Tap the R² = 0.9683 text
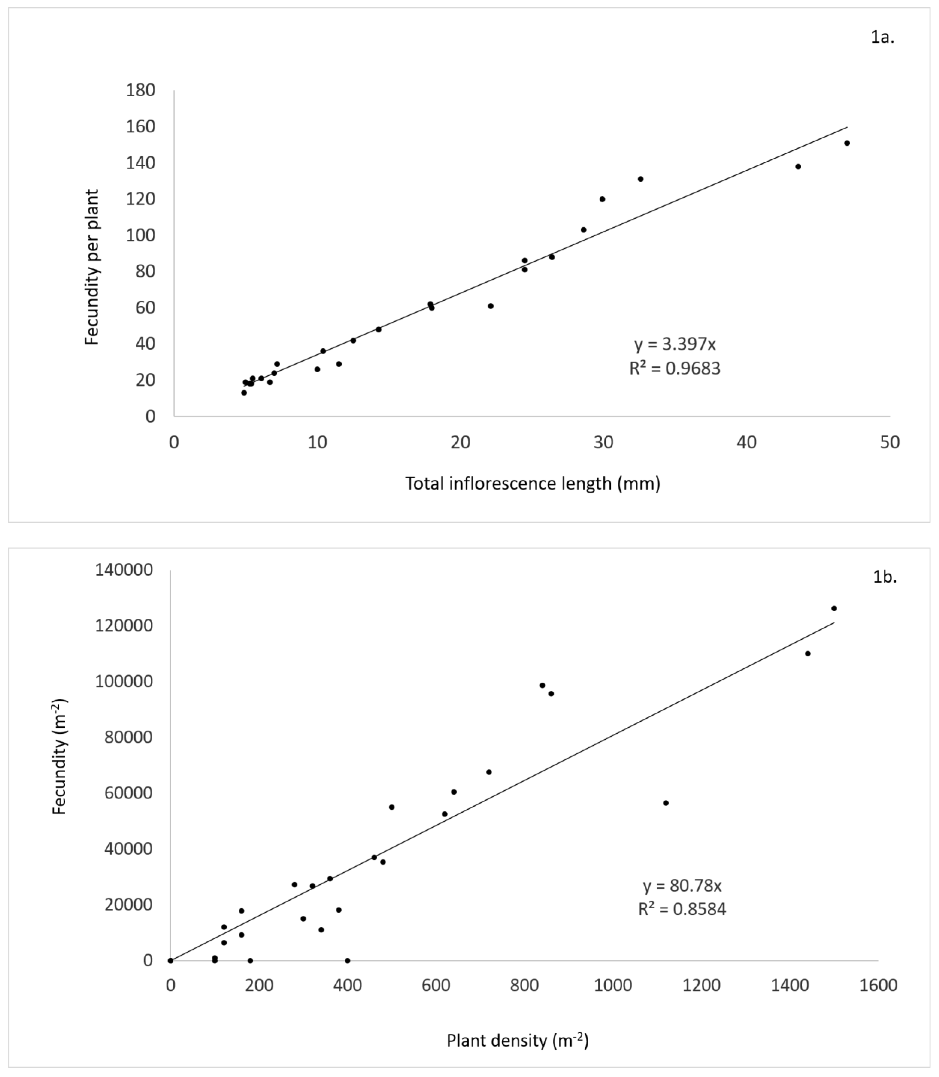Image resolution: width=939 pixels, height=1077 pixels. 675,369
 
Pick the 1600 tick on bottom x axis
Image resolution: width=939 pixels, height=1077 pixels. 878,985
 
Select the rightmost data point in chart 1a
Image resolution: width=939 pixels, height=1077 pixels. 847,143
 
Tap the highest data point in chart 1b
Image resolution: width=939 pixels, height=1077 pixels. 834,608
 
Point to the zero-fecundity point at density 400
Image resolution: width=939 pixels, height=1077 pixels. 347,960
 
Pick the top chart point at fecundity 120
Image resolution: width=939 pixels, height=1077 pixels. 602,199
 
